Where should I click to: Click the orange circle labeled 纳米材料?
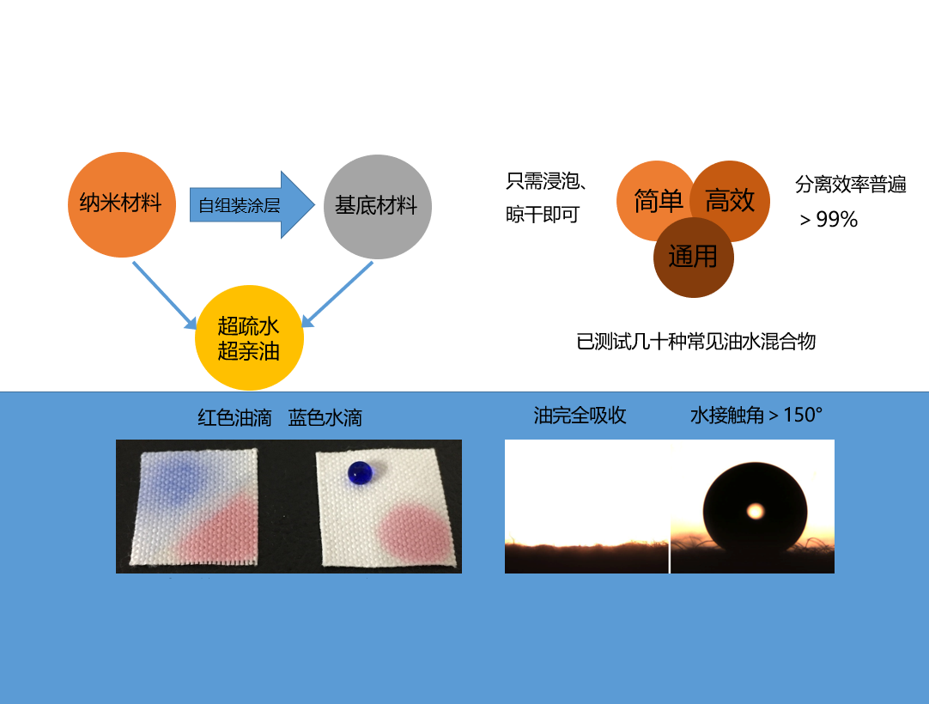pos(121,204)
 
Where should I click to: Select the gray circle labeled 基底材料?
pos(378,207)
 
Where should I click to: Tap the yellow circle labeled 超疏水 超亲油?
pos(250,337)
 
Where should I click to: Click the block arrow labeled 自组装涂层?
pos(252,205)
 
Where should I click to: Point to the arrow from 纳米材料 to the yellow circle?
pos(165,295)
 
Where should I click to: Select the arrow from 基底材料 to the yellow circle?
pos(337,294)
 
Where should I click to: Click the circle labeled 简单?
pos(656,201)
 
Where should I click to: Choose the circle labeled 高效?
pos(730,201)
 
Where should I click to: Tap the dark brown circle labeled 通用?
pos(693,258)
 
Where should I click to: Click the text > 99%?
pos(829,220)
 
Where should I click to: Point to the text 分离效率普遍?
pos(851,185)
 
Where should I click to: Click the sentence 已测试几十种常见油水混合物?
pos(696,342)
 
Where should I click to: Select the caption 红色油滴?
pos(234,418)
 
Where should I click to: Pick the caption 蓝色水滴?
pos(325,418)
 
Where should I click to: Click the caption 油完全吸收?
pos(580,416)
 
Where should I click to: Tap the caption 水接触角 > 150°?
pos(756,416)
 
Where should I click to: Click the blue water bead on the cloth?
pos(361,473)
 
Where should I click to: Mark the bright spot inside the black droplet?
pos(756,511)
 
